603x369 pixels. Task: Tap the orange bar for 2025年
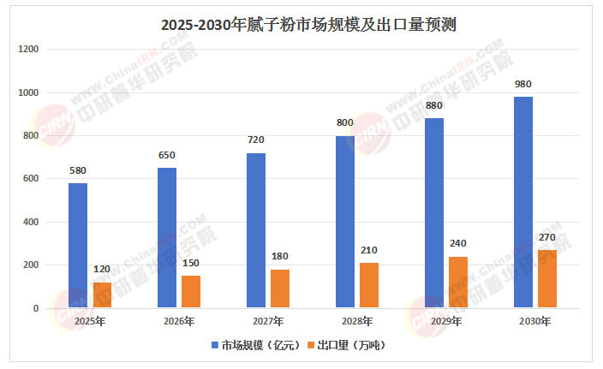click(102, 295)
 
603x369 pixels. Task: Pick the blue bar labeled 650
click(167, 237)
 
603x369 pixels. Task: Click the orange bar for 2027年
click(280, 289)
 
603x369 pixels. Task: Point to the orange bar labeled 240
click(458, 282)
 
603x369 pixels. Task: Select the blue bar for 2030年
click(523, 202)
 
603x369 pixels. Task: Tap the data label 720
click(256, 140)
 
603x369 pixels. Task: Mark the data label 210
click(369, 250)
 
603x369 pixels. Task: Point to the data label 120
click(102, 269)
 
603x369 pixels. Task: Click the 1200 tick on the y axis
click(29, 50)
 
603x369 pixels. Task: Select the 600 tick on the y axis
click(32, 179)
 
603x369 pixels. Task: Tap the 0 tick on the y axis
click(36, 308)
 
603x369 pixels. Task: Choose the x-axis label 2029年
click(446, 322)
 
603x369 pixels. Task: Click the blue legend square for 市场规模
click(214, 346)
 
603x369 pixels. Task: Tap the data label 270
click(547, 237)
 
